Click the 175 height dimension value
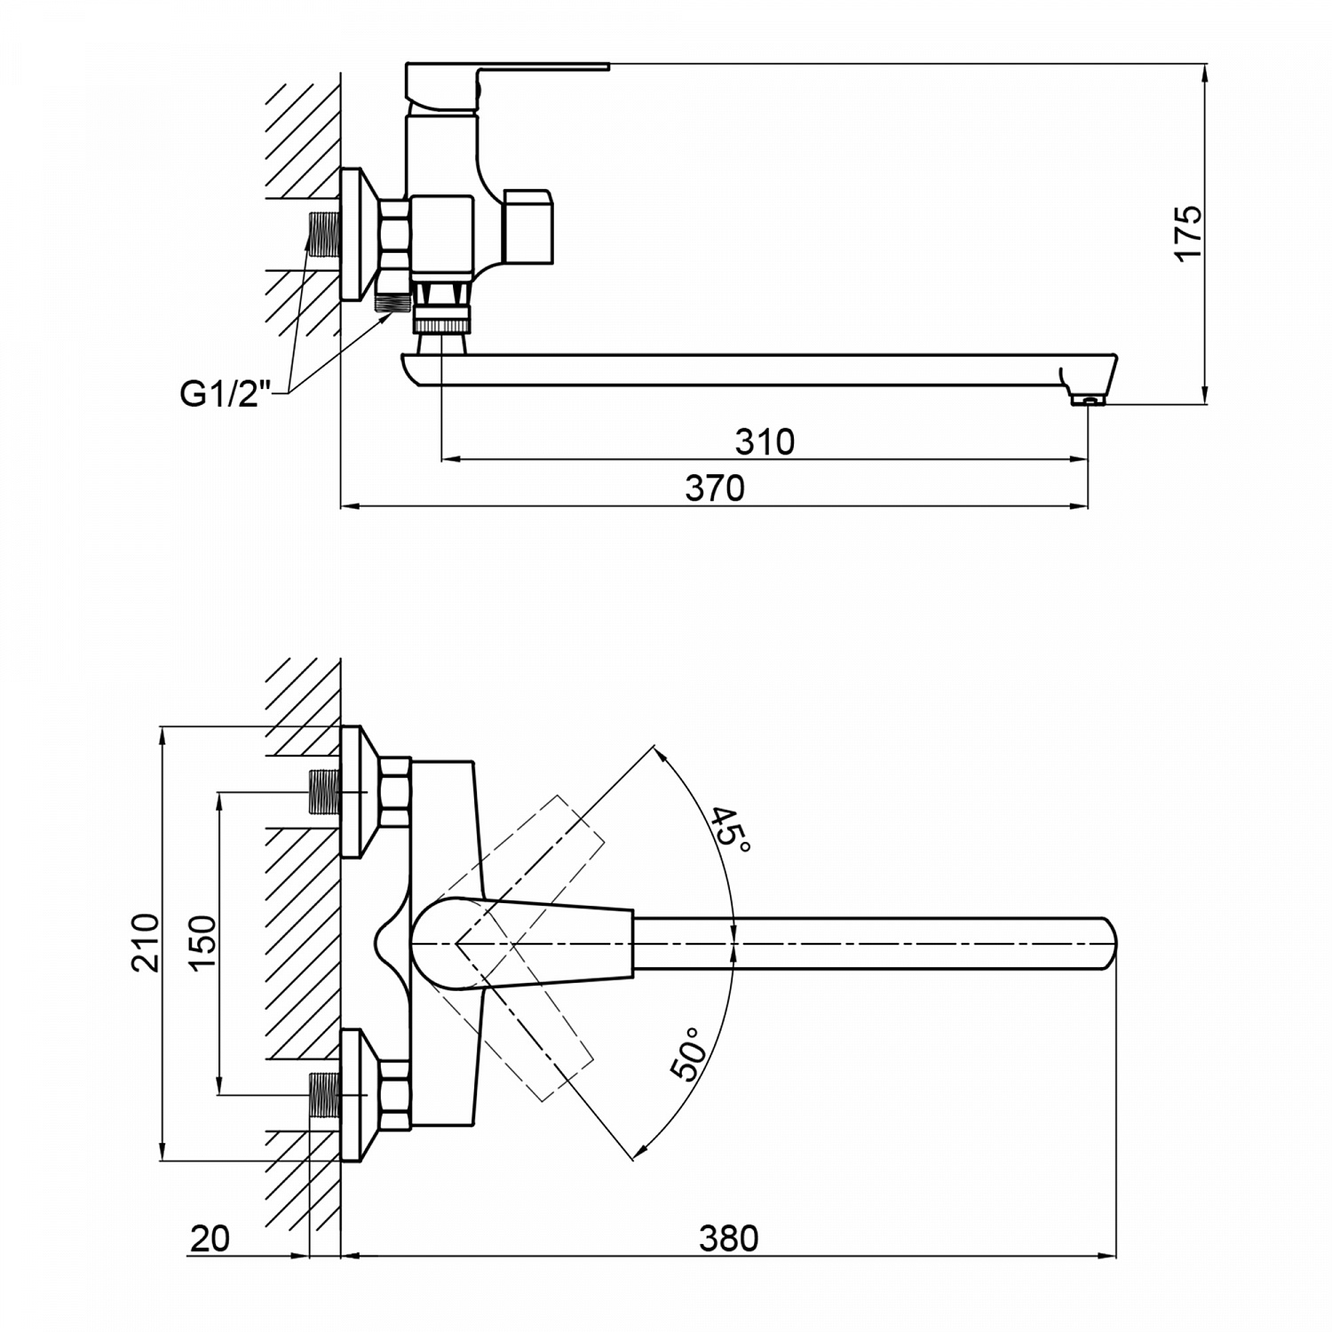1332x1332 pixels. click(1187, 233)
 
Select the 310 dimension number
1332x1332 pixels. click(765, 441)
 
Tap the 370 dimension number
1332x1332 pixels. click(715, 488)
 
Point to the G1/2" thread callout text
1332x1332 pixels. click(225, 394)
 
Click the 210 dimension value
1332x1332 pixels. click(144, 942)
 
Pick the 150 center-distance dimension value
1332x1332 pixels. click(202, 942)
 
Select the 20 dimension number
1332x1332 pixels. click(210, 1238)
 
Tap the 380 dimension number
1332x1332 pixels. click(728, 1238)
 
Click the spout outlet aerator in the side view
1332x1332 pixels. click(1088, 400)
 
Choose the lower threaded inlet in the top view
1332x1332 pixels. click(323, 1095)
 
